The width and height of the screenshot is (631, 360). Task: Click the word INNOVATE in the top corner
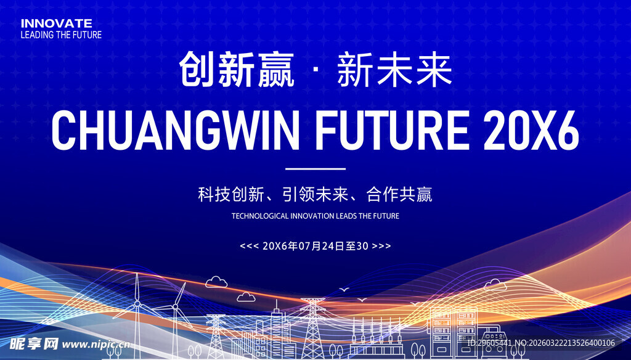(56, 23)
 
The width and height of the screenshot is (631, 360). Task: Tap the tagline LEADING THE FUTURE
(61, 35)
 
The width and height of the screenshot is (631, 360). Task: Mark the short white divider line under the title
(315, 168)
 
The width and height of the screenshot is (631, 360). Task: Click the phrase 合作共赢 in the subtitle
(399, 195)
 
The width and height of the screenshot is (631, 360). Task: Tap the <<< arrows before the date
(248, 246)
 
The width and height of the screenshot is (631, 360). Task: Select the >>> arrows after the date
(382, 246)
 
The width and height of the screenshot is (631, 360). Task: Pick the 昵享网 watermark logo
(32, 343)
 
